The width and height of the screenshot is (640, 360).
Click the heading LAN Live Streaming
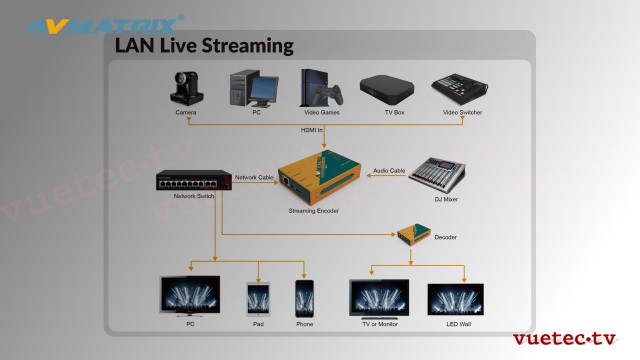click(x=204, y=45)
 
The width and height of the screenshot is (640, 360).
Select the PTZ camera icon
click(x=186, y=89)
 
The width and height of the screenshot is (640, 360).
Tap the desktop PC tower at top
click(x=249, y=88)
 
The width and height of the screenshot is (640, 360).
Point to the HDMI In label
click(x=313, y=130)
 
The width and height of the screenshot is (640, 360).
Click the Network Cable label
click(x=254, y=177)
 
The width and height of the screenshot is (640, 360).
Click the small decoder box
click(x=410, y=235)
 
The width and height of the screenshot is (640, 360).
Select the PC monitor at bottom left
click(x=190, y=297)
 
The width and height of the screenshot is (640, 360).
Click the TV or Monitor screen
click(x=378, y=298)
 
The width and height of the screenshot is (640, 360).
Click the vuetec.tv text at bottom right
click(x=564, y=339)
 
